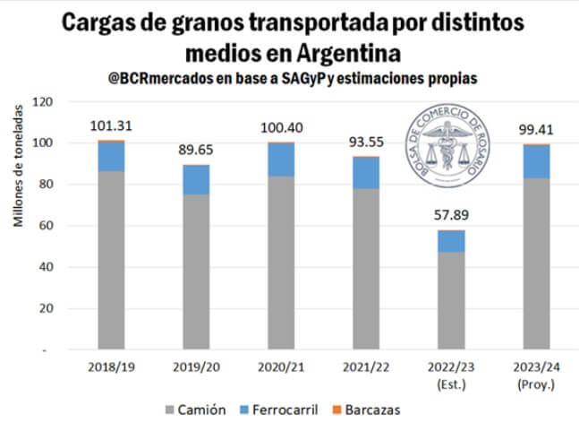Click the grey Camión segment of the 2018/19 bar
coord(111,260)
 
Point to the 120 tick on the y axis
coord(43,101)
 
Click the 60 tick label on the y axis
coord(47,226)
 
